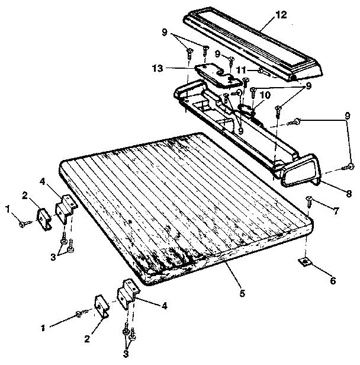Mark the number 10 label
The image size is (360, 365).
(x=264, y=95)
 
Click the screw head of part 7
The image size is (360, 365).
(x=308, y=199)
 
